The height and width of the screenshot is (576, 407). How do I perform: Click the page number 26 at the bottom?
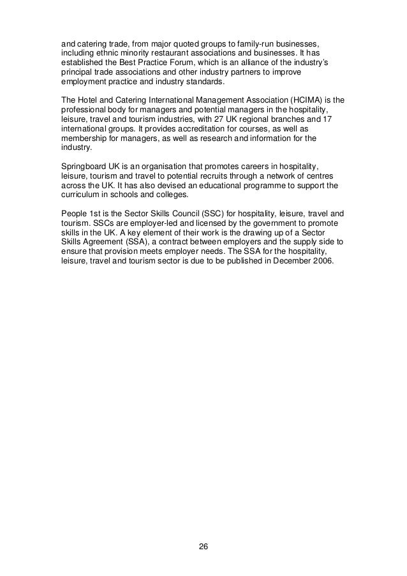[x=203, y=547]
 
